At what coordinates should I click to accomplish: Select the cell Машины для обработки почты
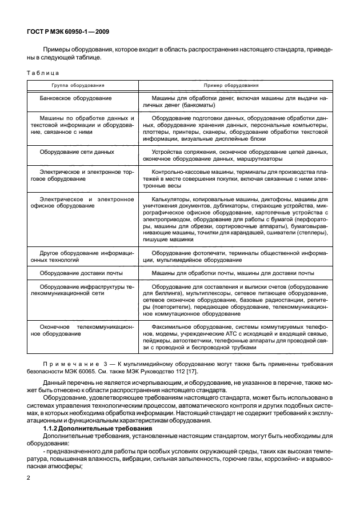233,273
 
